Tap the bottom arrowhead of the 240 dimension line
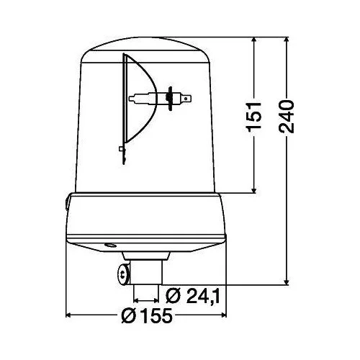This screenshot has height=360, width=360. point(289,285)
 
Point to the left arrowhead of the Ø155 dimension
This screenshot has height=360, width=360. point(68,315)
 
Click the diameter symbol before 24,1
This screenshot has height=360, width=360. point(171,295)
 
